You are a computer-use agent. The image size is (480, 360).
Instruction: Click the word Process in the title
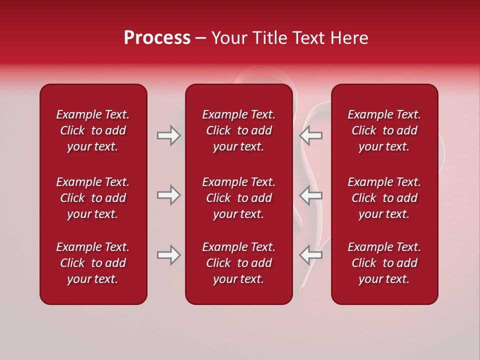coord(157,38)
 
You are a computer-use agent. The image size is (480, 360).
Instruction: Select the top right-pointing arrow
coord(168,135)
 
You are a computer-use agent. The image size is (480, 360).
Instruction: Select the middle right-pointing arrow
coord(168,195)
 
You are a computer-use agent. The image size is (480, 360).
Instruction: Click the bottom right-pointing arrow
coord(168,255)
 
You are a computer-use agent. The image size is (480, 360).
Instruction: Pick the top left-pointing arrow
coord(311,135)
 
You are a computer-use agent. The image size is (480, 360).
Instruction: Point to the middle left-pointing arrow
coord(311,195)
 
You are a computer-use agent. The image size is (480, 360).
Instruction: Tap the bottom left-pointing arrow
coord(311,255)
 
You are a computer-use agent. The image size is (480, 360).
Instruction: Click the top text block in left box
coord(93,130)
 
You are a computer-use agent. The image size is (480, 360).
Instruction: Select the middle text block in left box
coord(93,198)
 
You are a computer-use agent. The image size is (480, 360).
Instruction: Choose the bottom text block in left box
coord(93,263)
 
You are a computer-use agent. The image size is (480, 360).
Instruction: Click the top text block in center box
coord(238,130)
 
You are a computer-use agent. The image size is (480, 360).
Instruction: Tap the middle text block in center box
coord(238,198)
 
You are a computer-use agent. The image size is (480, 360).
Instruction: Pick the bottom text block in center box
coord(238,263)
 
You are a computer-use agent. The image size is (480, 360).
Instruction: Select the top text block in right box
coord(384,130)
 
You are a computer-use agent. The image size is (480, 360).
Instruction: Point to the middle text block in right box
coord(384,198)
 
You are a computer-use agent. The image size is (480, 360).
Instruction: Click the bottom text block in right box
coord(384,263)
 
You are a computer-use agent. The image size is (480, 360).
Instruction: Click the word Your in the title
coord(229,38)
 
